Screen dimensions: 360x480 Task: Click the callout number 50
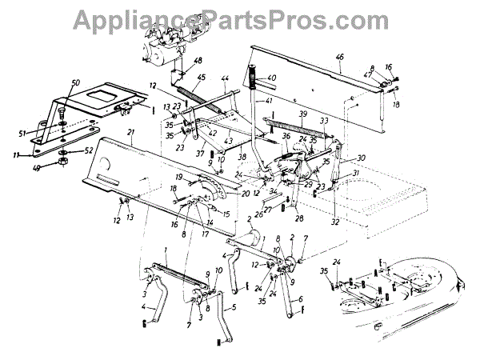tap(76, 83)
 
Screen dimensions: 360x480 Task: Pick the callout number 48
tap(198, 61)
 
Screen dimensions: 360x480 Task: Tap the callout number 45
tap(200, 78)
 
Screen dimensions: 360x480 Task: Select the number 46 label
tap(340, 57)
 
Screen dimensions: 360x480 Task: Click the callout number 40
tap(271, 78)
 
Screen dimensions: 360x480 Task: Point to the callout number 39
tap(303, 115)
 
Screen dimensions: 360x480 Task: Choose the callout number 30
tap(361, 158)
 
